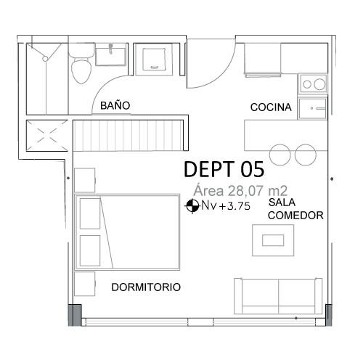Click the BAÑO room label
[115, 105]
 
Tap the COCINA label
[271, 107]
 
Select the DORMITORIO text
[146, 287]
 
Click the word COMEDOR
[295, 216]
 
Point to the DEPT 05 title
[224, 169]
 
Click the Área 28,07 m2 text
[240, 191]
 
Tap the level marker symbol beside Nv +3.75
[192, 206]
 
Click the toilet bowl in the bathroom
[81, 70]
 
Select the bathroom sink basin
[110, 57]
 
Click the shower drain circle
[45, 59]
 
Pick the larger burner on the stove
[319, 84]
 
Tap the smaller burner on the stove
[307, 84]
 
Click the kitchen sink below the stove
[312, 108]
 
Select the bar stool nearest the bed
[280, 155]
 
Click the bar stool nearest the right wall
[306, 155]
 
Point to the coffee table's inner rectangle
[273, 240]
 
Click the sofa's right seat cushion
[297, 292]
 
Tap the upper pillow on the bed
[90, 213]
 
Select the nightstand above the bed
[84, 180]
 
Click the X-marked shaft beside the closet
[46, 136]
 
